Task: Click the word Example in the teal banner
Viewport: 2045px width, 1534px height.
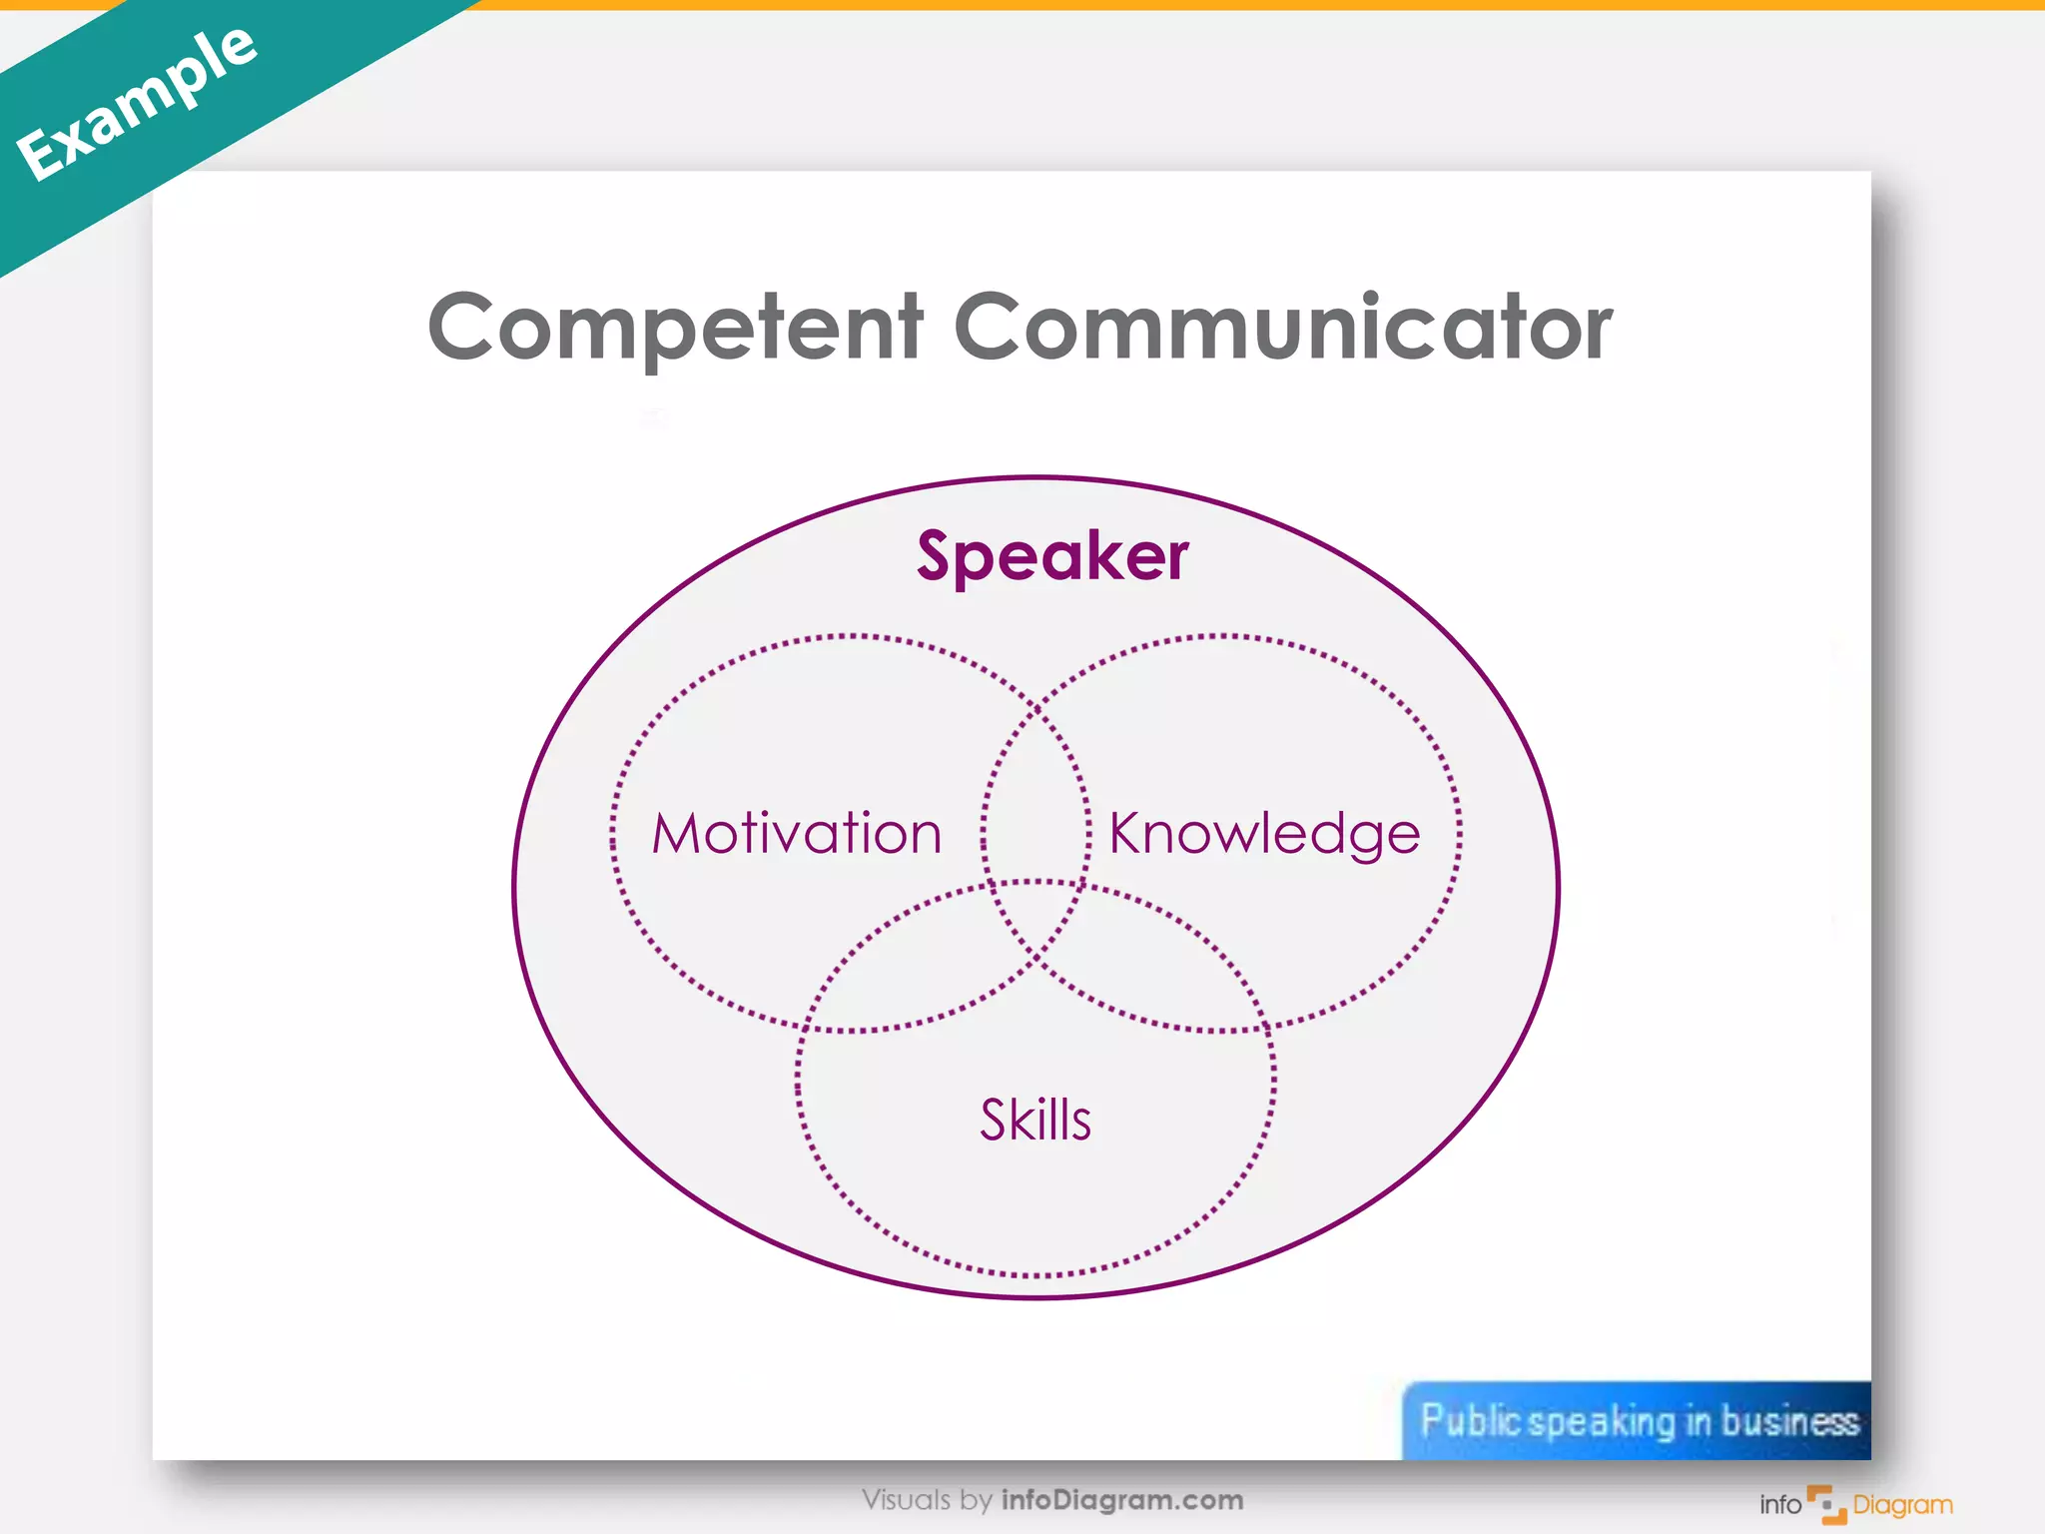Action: tap(137, 103)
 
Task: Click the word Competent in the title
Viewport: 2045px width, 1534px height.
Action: tap(675, 327)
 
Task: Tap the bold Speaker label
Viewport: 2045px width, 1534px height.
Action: tap(1052, 555)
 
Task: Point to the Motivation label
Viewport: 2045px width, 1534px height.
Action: tap(797, 833)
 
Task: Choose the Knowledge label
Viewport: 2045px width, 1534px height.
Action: tap(1264, 833)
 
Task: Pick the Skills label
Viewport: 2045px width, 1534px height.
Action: tap(1035, 1120)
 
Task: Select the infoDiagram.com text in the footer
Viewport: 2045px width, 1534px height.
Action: tap(1122, 1500)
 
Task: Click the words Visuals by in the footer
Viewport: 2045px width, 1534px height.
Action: tap(927, 1500)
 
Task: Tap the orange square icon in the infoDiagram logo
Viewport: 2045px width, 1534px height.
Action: tap(1827, 1504)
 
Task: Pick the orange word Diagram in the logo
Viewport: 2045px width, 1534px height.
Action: tap(1902, 1505)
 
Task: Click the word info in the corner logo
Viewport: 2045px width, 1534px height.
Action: tap(1780, 1505)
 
